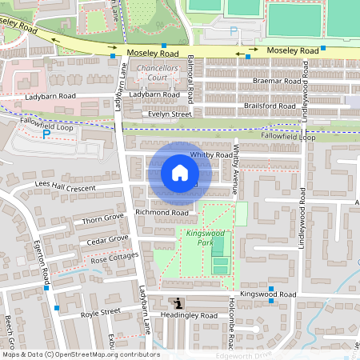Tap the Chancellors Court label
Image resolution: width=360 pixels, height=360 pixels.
162,74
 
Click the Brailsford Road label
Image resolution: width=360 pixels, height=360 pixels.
270,106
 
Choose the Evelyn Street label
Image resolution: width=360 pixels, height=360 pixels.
166,114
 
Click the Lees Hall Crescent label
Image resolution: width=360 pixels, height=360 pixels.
66,186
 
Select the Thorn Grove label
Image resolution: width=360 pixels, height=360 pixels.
104,217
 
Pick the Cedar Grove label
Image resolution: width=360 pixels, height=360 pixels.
107,238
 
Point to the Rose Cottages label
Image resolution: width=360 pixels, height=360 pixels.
114,258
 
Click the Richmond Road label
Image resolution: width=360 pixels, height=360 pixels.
162,213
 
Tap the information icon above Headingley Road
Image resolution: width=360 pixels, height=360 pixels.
177,303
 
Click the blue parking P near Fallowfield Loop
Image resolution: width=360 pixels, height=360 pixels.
46,134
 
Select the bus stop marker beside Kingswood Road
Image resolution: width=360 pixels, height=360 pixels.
271,288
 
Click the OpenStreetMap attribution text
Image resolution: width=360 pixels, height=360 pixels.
80,354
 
